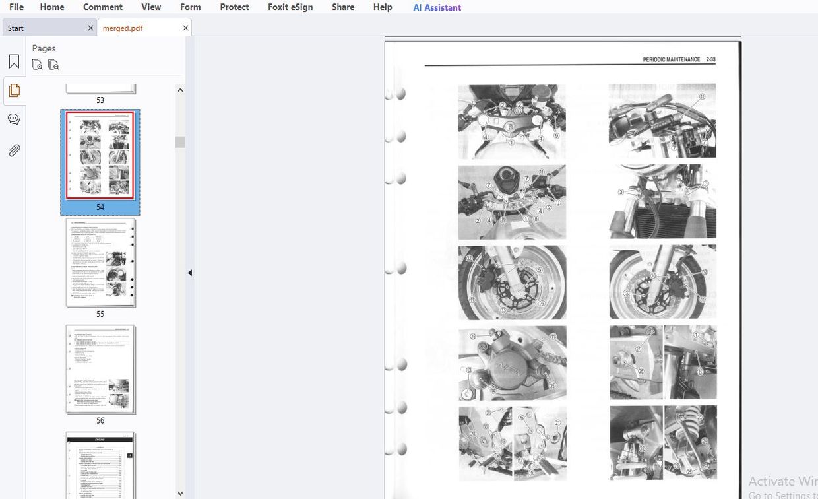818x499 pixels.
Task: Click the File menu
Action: coord(16,7)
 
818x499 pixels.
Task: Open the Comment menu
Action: coord(103,7)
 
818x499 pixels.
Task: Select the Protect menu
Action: coord(234,7)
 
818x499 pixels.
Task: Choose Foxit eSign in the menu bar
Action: coord(290,7)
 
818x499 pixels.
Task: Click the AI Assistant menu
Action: coord(437,7)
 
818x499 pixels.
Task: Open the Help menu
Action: coord(383,7)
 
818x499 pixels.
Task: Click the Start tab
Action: coord(16,28)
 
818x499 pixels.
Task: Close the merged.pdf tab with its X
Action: coord(185,28)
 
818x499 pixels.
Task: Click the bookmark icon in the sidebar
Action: coord(14,62)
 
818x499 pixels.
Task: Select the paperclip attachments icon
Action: coord(14,150)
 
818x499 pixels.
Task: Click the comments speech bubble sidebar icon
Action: coord(14,119)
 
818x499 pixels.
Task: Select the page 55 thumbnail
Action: coord(100,263)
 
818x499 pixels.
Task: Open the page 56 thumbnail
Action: coord(100,370)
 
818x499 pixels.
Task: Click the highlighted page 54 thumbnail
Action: coord(100,156)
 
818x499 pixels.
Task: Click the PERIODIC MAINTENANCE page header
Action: coord(671,60)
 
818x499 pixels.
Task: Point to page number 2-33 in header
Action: coord(710,60)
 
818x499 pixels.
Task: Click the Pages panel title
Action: coord(44,48)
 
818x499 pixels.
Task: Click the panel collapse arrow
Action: coord(190,273)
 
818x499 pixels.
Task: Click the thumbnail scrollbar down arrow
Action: coord(180,492)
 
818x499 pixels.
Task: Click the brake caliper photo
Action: coord(512,363)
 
